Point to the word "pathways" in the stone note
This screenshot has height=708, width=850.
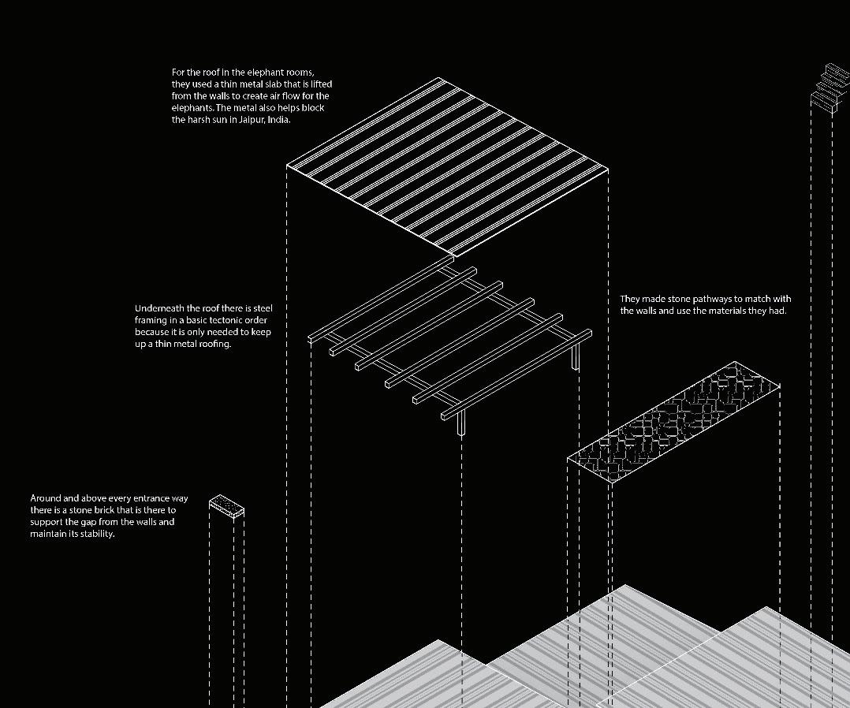pyautogui.click(x=711, y=299)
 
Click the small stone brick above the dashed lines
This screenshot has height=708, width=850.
pyautogui.click(x=227, y=505)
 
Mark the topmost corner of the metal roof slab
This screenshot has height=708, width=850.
pyautogui.click(x=440, y=78)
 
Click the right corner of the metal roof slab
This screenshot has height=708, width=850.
pyautogui.click(x=608, y=168)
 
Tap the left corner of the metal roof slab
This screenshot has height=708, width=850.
pyautogui.click(x=287, y=166)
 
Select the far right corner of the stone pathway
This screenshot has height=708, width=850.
pyautogui.click(x=780, y=386)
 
